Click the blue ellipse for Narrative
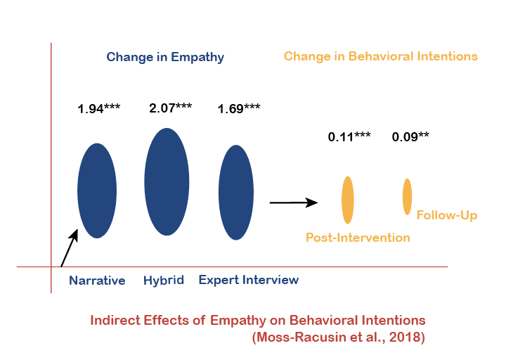tap(97, 191)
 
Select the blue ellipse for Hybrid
tap(167, 181)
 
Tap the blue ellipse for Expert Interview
tap(236, 192)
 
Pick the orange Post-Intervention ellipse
tap(347, 200)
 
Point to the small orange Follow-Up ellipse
tap(407, 196)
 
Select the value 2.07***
tap(171, 108)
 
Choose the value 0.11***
tap(349, 136)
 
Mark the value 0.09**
tap(410, 136)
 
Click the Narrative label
tap(97, 281)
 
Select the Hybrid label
tap(164, 280)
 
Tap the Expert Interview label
tap(249, 280)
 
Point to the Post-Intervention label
tap(358, 238)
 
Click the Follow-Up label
tap(447, 215)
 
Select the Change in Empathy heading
tap(165, 57)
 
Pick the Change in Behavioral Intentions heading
tap(381, 56)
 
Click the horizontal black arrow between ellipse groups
tap(294, 203)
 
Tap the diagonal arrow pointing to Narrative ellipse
tap(69, 248)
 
